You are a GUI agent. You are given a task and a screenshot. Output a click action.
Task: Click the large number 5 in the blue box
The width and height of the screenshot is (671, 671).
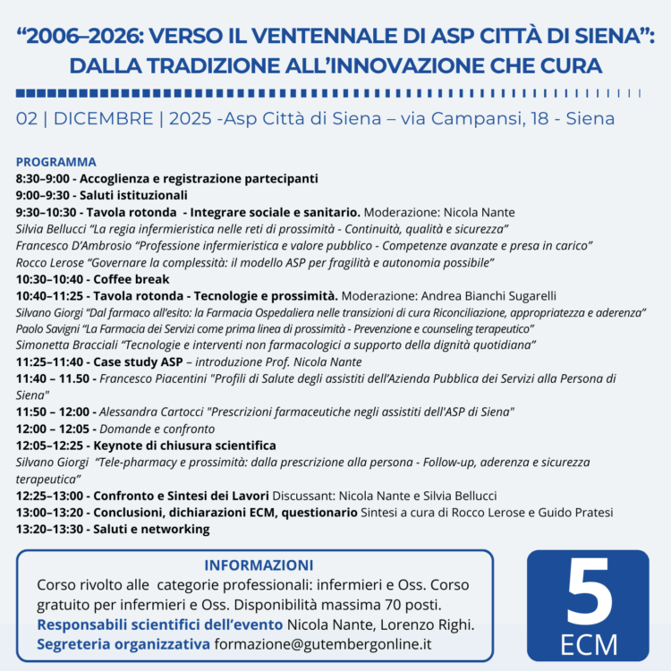pos(588,592)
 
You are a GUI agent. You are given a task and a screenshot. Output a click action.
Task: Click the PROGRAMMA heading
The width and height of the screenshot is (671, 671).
pos(55,162)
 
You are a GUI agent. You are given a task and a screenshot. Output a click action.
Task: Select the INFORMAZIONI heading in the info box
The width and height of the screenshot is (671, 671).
pos(259,565)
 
